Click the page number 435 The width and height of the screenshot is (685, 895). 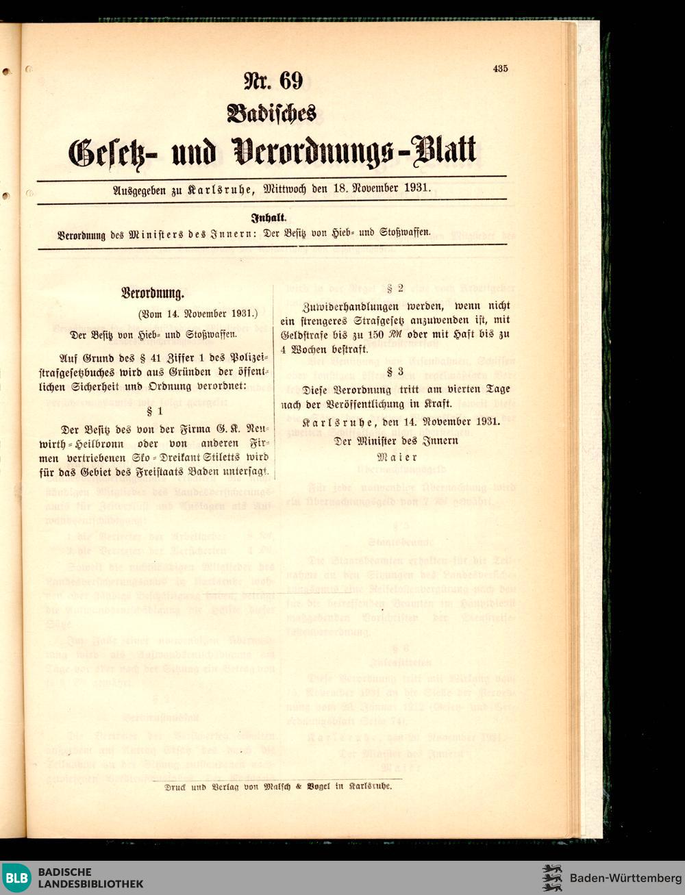click(499, 68)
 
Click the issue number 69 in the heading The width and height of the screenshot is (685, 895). click(290, 81)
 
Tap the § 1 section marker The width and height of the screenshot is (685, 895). click(155, 411)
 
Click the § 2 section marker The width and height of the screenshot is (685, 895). click(395, 288)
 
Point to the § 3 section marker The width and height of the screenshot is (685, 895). click(395, 372)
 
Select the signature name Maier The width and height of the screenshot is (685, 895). click(397, 457)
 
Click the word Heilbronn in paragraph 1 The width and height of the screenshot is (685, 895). click(110, 444)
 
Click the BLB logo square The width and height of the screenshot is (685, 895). click(16, 878)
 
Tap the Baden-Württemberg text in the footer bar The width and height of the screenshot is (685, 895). click(625, 878)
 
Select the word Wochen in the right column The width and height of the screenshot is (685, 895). click(312, 349)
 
